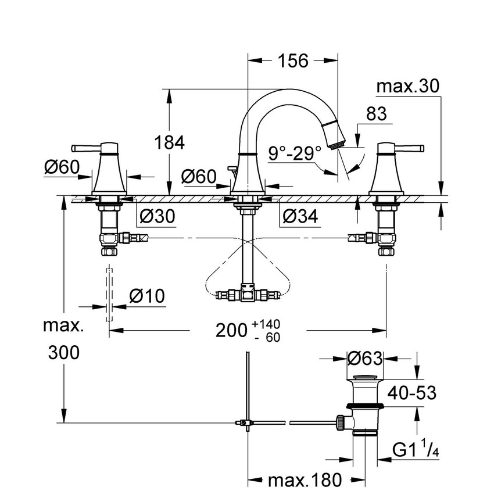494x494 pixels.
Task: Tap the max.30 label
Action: (x=407, y=87)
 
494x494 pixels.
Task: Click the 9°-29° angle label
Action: (x=295, y=154)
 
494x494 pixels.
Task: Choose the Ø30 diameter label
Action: (x=157, y=216)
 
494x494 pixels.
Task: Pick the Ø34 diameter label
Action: (x=300, y=216)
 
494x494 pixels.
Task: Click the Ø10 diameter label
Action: (x=147, y=296)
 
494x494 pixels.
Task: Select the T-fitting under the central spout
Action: (x=247, y=293)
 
